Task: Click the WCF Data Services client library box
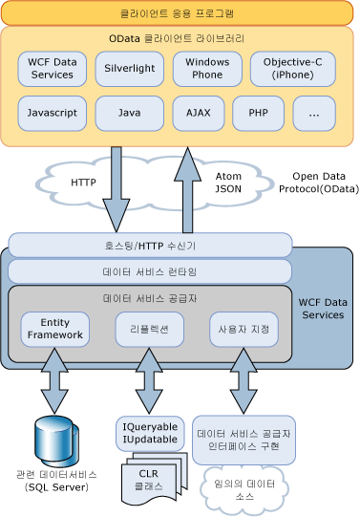pos(52,68)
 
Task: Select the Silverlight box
pos(129,68)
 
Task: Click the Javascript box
pos(52,113)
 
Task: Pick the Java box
pos(129,113)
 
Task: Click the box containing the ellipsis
pos(314,113)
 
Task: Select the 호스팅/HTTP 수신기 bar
pos(149,246)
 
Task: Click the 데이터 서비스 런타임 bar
pos(149,271)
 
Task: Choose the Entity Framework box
pos(55,329)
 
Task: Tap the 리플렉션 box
pos(149,329)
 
